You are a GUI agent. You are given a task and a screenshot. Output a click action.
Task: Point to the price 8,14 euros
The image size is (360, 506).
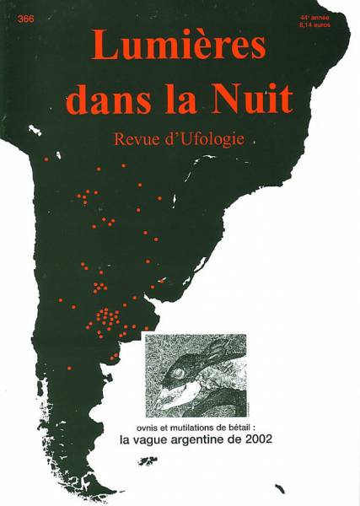pos(314,26)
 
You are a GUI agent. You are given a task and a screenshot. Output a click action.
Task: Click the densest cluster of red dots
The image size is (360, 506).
pos(105,319)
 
